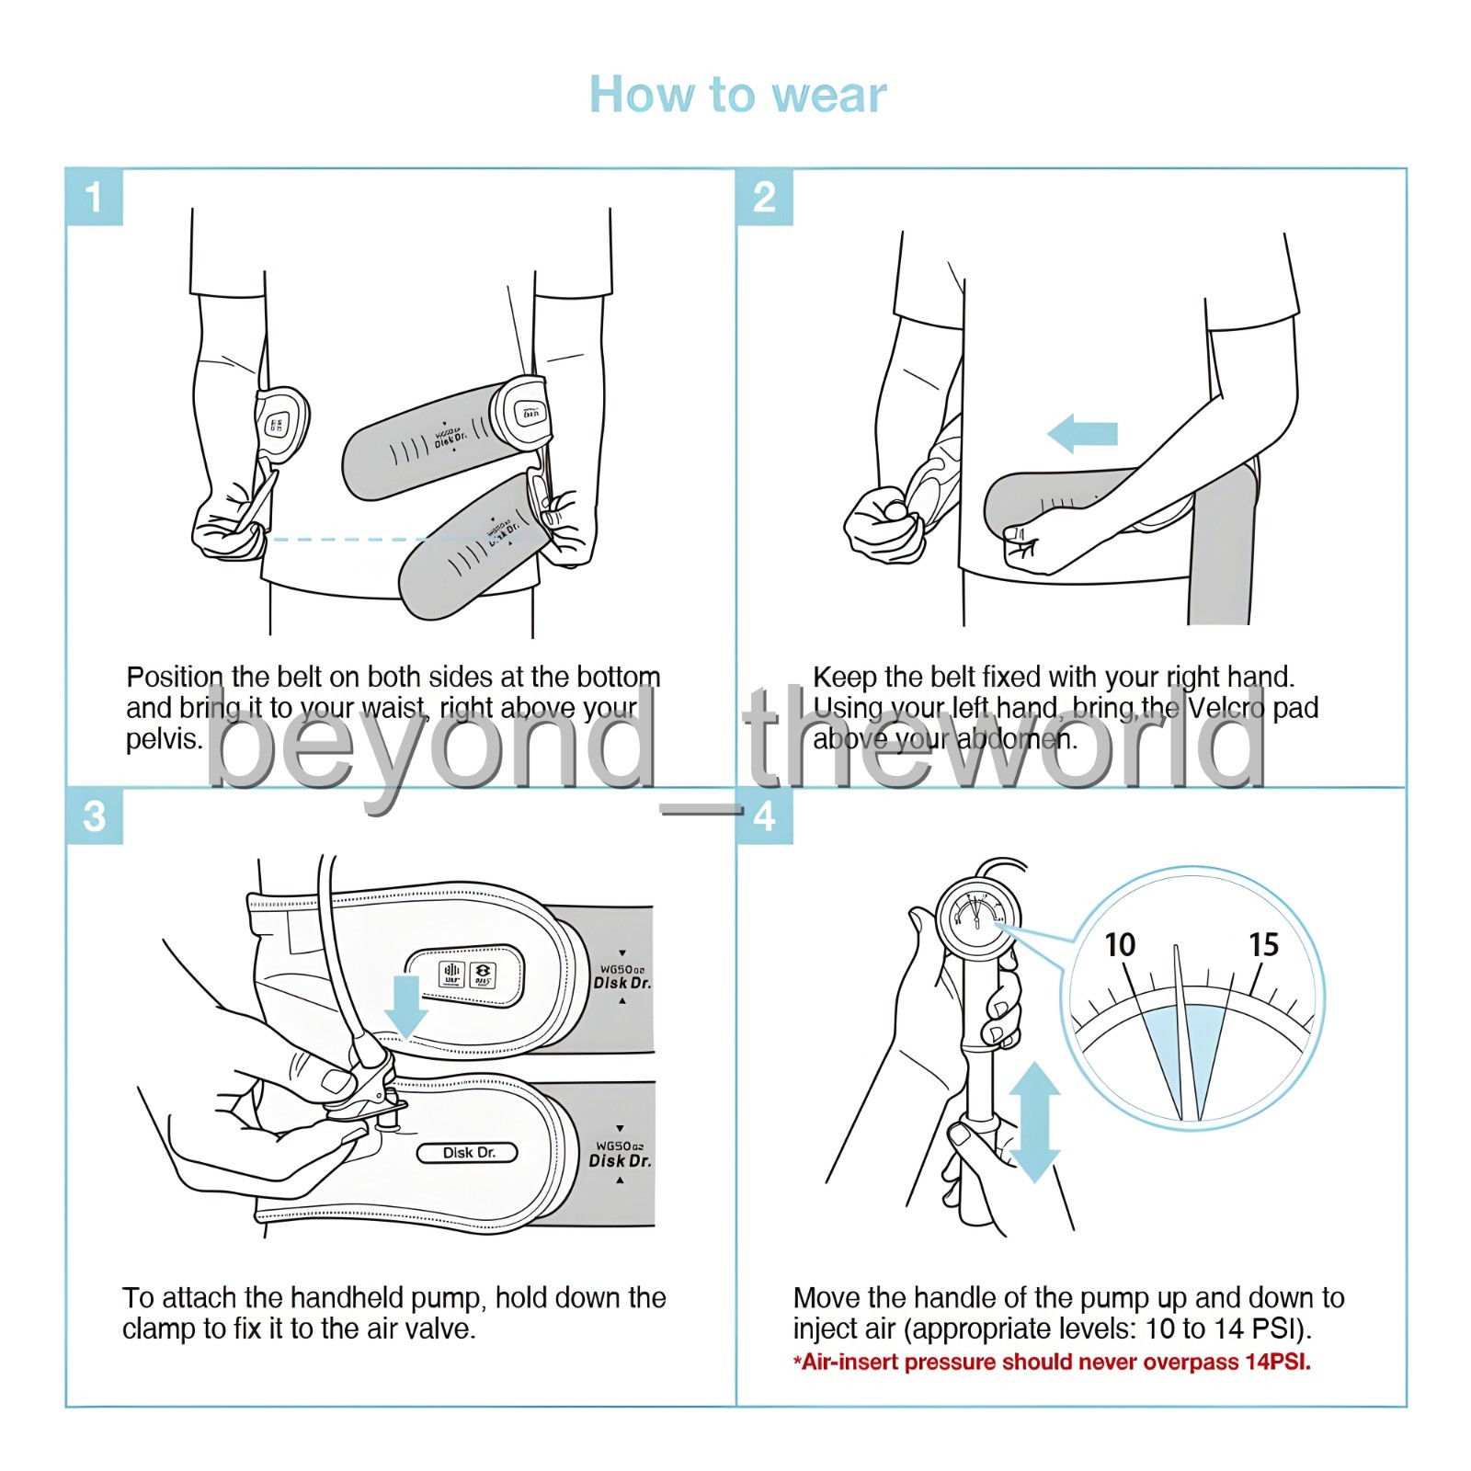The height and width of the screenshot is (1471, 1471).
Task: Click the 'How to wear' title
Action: coord(737,95)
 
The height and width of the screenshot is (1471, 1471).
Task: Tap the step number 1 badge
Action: coord(94,197)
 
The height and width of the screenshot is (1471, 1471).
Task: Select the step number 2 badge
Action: coord(764,197)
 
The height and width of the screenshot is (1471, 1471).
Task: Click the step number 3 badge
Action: coord(94,816)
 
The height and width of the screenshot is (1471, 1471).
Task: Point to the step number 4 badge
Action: coord(764,816)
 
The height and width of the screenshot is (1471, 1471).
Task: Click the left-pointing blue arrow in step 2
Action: coord(1083,433)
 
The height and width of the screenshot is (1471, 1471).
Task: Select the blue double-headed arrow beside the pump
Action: coord(1034,1122)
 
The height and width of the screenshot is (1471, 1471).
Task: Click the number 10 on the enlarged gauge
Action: coord(1120,945)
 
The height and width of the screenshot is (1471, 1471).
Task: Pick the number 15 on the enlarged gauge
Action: coord(1264,945)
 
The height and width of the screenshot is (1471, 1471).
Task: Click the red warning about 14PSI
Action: coord(1052,1363)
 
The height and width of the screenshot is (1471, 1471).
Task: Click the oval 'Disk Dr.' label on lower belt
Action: coord(468,1153)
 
